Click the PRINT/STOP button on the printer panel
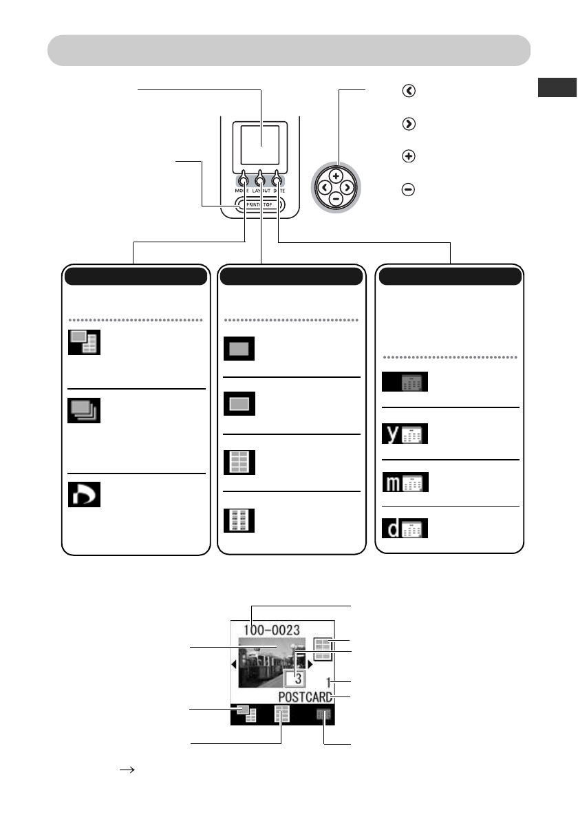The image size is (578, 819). (260, 204)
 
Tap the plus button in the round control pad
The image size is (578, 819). (336, 176)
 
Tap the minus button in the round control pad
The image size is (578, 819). (336, 198)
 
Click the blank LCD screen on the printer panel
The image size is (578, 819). (260, 147)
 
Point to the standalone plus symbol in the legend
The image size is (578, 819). (409, 156)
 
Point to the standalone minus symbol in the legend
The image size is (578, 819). (409, 190)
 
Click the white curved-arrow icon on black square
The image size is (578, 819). (84, 494)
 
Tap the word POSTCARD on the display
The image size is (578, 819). (306, 697)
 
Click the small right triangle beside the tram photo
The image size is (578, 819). (310, 665)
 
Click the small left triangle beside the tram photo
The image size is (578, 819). (233, 665)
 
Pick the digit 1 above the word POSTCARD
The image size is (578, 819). (330, 683)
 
